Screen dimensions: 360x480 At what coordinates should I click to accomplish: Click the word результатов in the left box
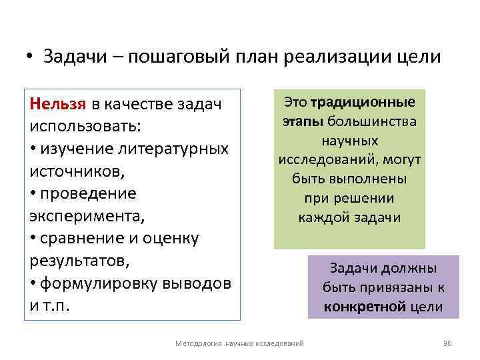click(73, 261)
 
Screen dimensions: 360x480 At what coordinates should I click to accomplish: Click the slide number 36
click(447, 343)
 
